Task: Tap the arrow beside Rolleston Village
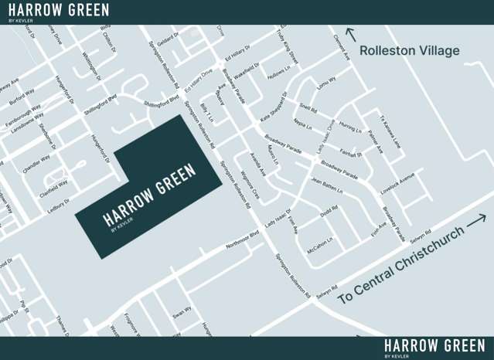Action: point(351,34)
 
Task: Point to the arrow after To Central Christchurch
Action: point(476,219)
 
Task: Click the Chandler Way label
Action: point(36,163)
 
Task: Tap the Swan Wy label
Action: point(182,312)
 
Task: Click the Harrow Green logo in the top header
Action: point(59,11)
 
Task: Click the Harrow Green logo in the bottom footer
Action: point(434,347)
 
